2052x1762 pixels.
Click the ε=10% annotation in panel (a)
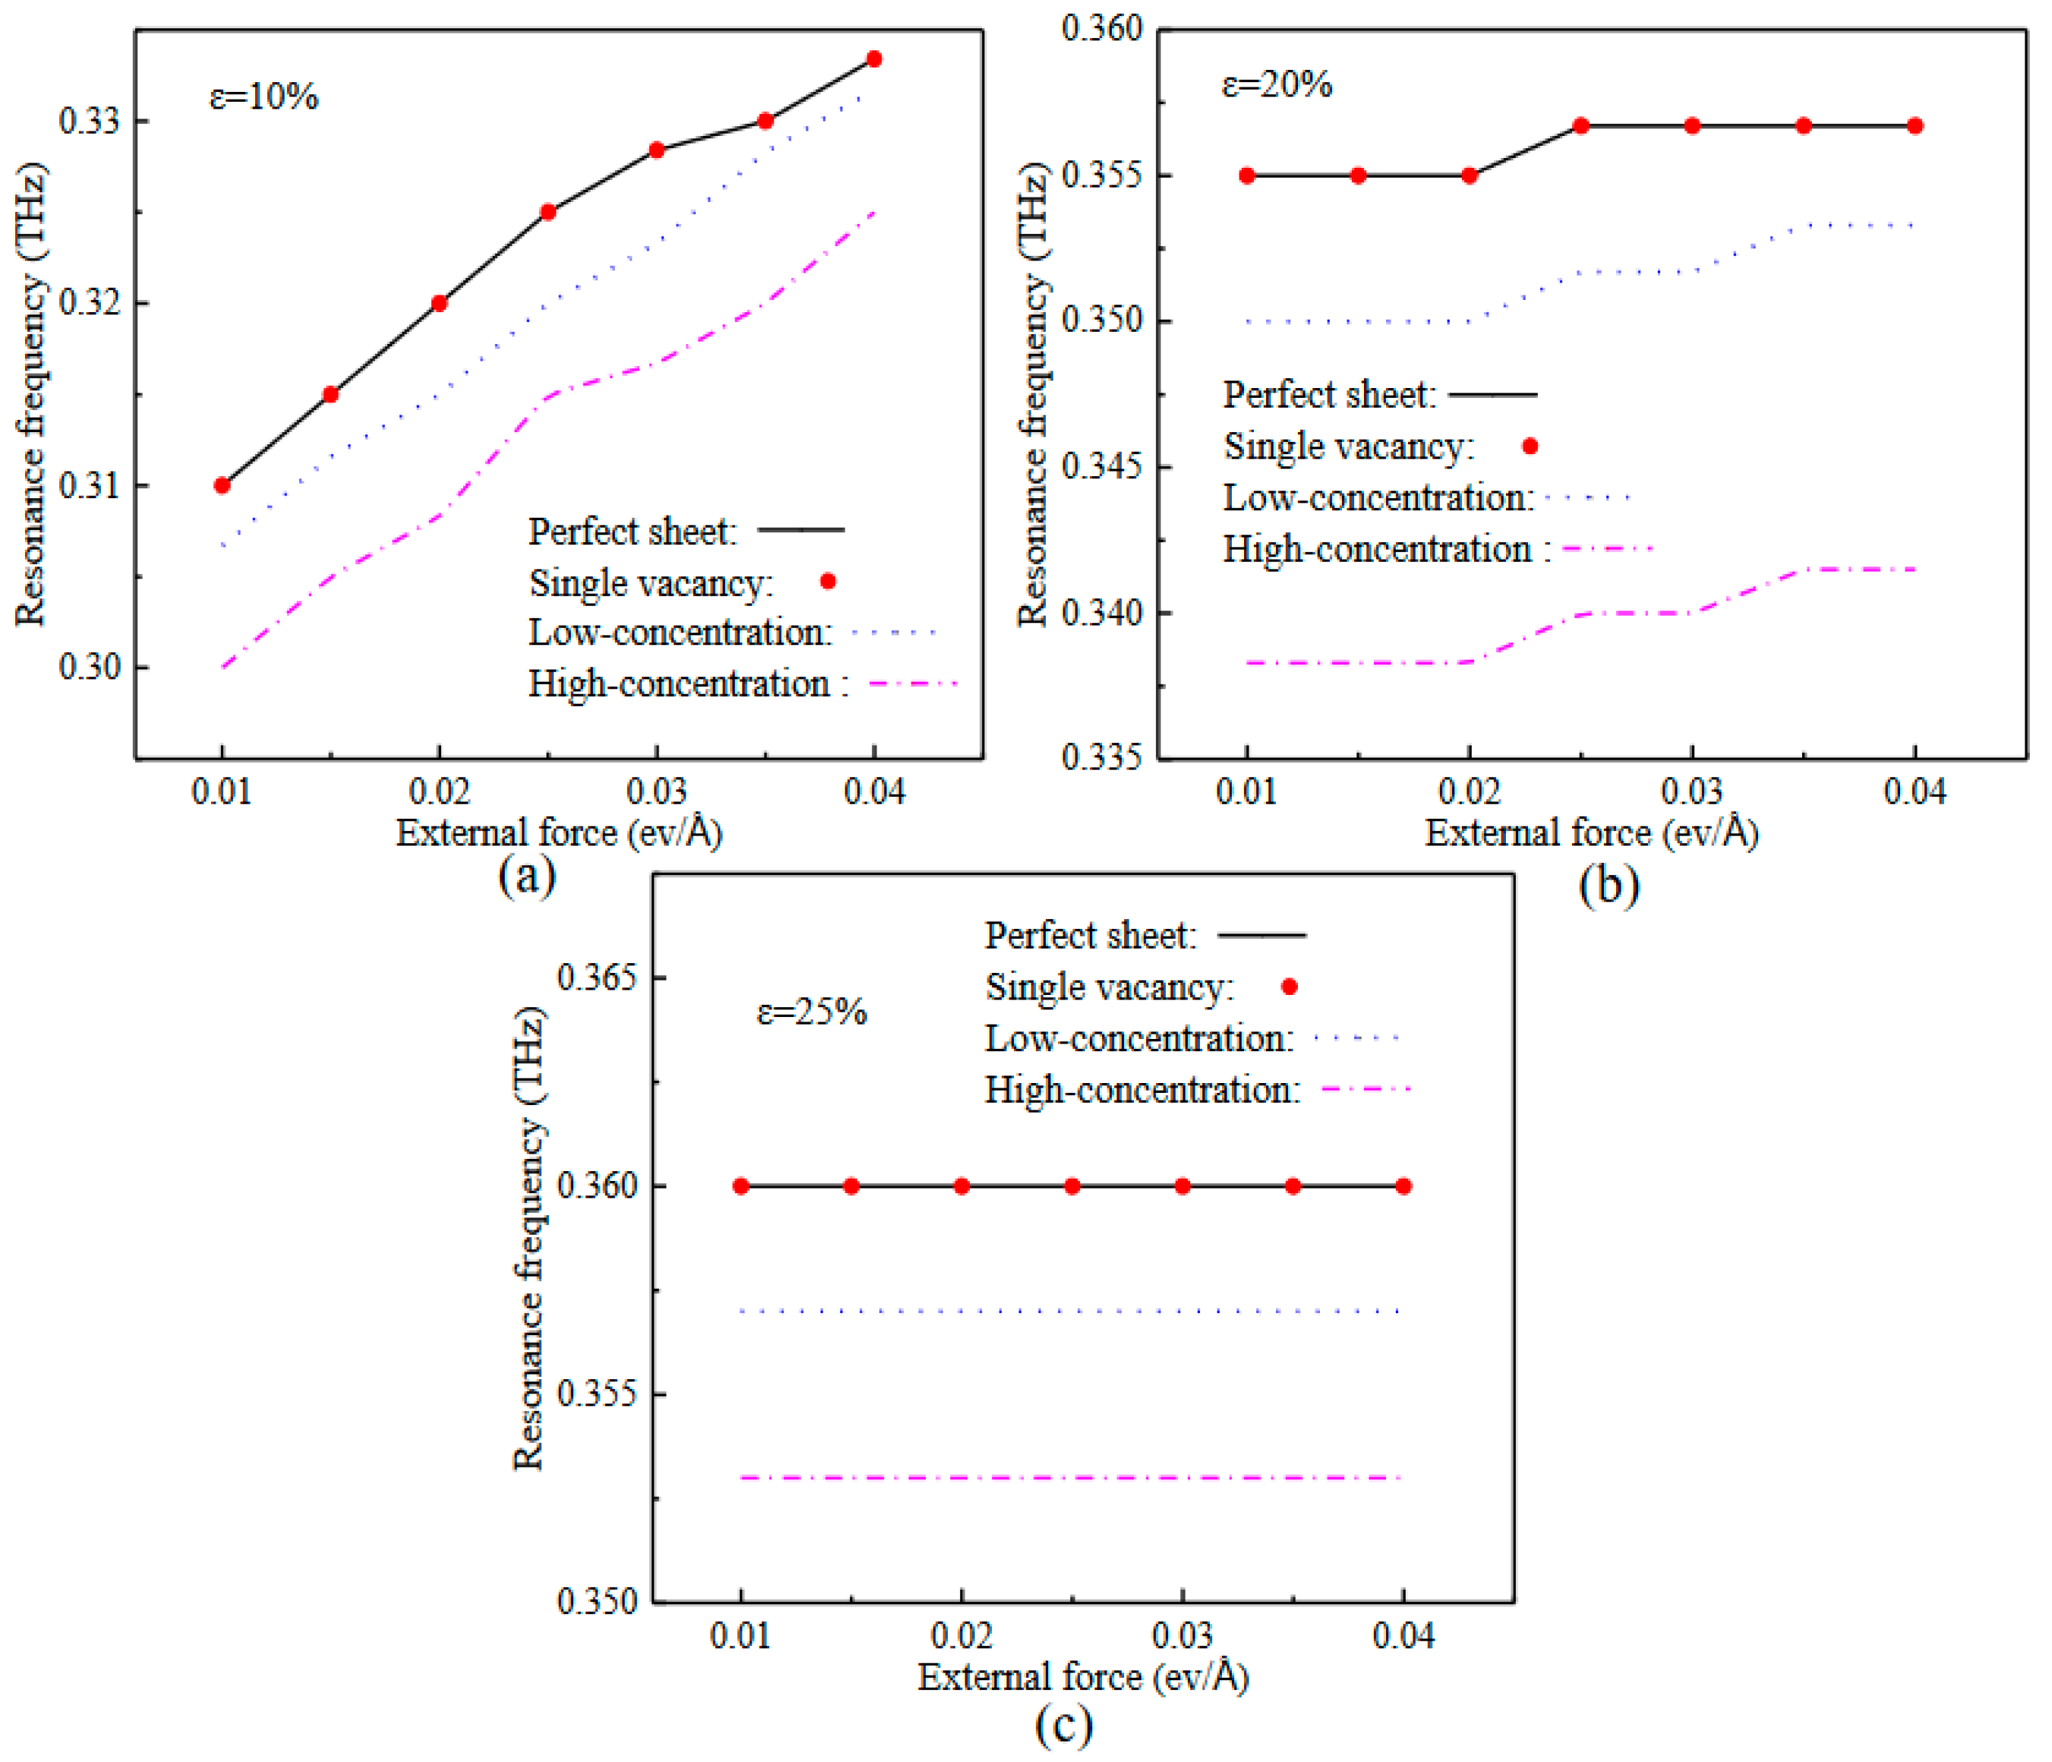pos(264,97)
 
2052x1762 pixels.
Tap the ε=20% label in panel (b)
pos(1277,85)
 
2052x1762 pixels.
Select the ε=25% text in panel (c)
pos(811,1012)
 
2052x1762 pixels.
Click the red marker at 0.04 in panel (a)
pos(873,59)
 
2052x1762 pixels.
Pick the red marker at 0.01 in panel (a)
pos(222,485)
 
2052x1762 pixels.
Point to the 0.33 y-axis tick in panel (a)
pos(89,121)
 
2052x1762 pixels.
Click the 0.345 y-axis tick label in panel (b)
pos(1101,466)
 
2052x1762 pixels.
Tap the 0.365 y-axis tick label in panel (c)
pos(597,977)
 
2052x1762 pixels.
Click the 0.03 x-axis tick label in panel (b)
pos(1691,791)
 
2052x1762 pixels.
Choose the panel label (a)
pos(527,876)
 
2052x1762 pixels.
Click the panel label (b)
pos(1608,883)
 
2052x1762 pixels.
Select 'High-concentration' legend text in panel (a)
pos(680,684)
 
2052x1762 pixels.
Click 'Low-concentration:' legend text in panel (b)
pos(1378,497)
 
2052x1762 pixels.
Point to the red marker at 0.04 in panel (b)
pos(1915,126)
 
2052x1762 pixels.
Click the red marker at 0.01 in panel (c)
pos(740,1186)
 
